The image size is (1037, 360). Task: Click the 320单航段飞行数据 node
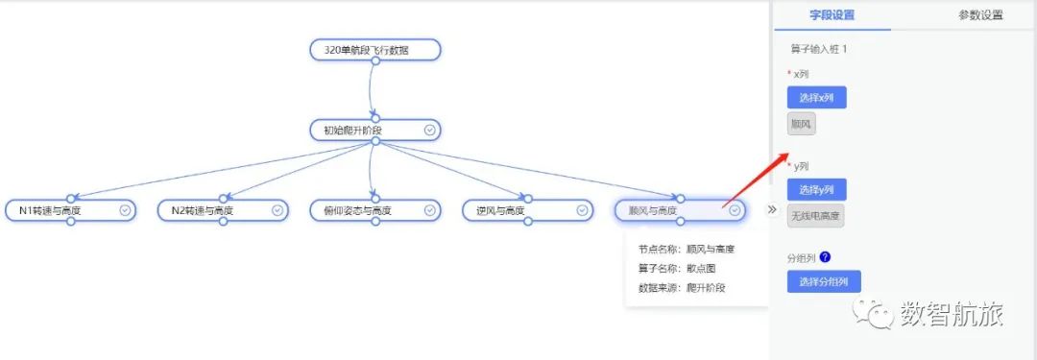[x=374, y=50]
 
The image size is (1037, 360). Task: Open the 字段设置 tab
[x=832, y=15]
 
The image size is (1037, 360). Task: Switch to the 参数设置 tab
[x=980, y=15]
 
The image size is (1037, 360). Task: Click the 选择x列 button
[x=816, y=97]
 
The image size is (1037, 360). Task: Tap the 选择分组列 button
[x=823, y=281]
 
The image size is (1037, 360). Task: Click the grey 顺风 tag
[x=801, y=124]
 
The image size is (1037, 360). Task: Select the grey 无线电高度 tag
[x=815, y=216]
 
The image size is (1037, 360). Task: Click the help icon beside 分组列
[x=825, y=257]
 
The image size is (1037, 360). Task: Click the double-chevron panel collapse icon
[x=771, y=209]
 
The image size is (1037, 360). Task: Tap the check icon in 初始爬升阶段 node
[x=429, y=130]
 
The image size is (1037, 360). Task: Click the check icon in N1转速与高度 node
[x=125, y=210]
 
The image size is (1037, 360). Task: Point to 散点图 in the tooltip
[x=701, y=269]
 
